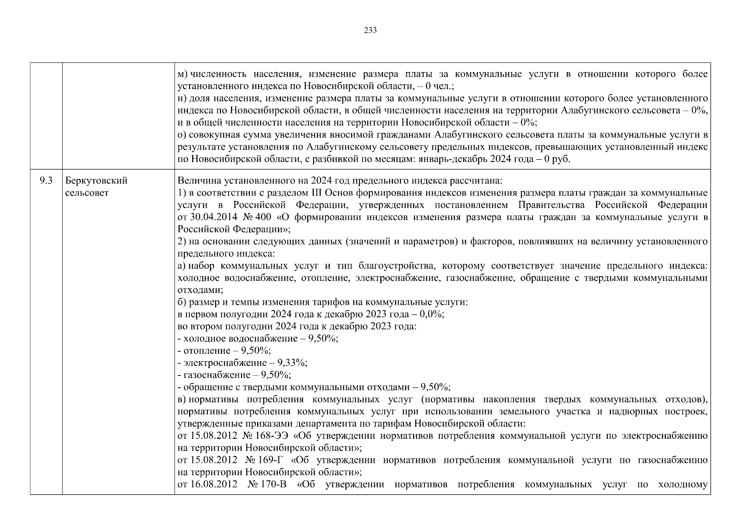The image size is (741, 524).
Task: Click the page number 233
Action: coord(370,31)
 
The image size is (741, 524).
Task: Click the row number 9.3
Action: coord(46,181)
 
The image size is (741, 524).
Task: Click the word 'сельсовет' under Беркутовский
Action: coord(86,193)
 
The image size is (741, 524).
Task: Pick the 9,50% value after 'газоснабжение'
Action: coord(275,375)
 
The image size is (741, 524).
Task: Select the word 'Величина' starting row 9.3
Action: coord(195,181)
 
